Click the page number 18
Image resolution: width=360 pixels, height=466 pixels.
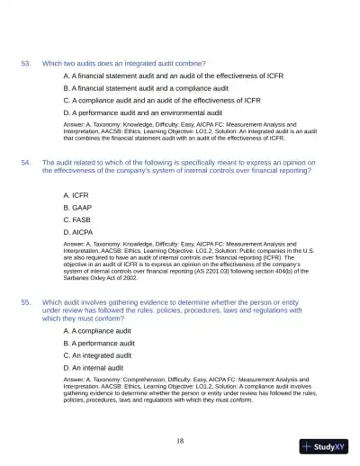[x=180, y=440]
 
